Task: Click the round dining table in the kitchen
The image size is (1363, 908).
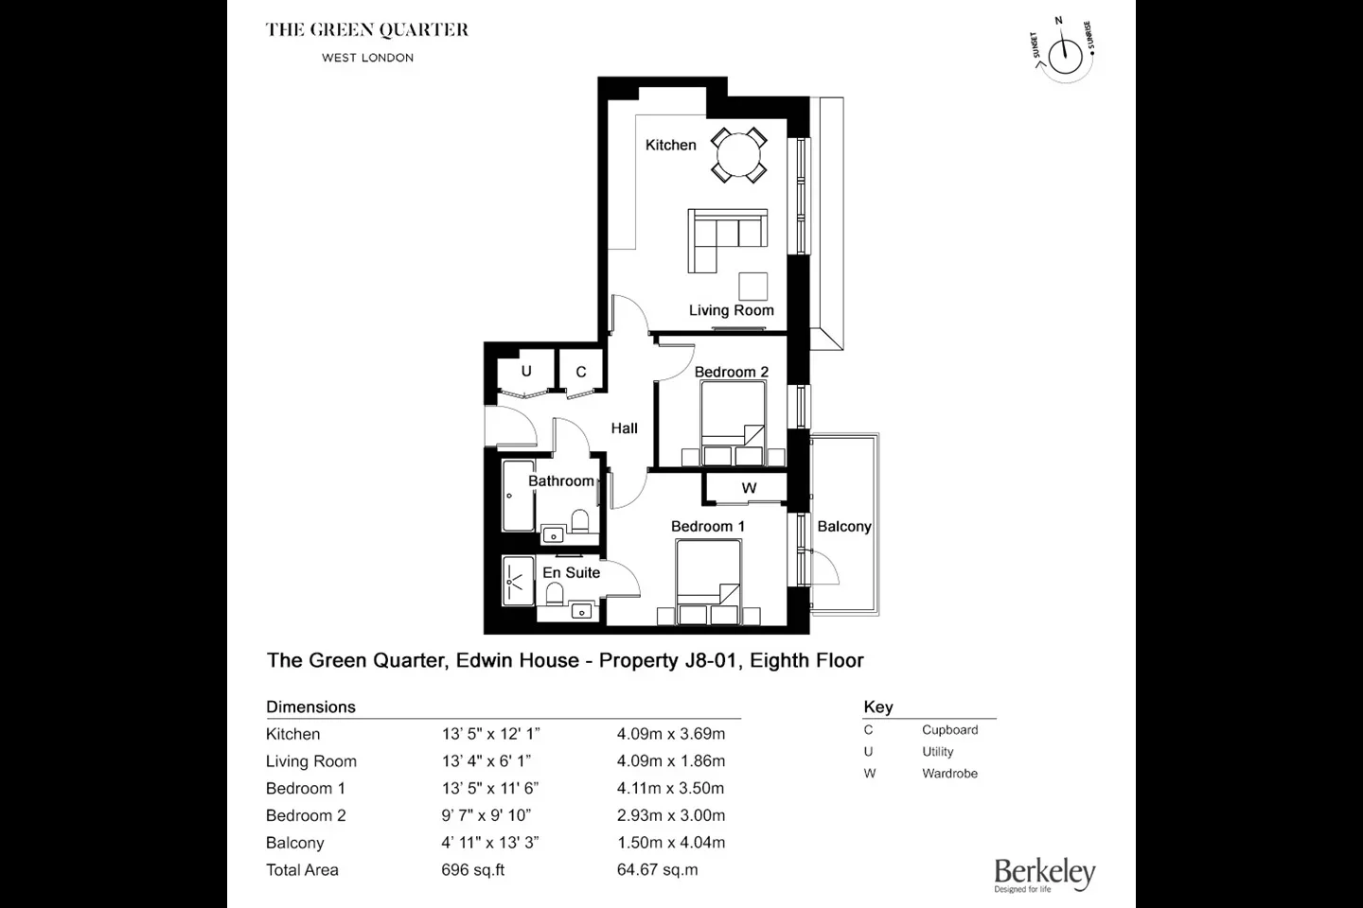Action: [x=738, y=155]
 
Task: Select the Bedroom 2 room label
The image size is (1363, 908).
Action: [x=732, y=372]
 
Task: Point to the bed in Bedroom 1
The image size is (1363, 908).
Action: [x=708, y=582]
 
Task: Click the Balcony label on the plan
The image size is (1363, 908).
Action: [x=844, y=527]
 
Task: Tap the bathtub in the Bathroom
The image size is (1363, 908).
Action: [x=518, y=496]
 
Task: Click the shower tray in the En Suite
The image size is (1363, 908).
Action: [x=518, y=581]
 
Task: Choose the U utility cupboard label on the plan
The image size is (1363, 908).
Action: [x=526, y=371]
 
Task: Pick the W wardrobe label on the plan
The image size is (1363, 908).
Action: [x=749, y=488]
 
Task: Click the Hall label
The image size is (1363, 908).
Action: [x=625, y=428]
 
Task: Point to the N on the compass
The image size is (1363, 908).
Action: [x=1059, y=21]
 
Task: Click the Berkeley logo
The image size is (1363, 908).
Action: [x=1045, y=875]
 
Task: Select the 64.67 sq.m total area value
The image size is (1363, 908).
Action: [x=657, y=869]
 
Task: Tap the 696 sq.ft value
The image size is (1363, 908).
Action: [x=473, y=869]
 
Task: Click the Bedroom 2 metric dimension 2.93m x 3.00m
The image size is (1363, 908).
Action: [x=670, y=815]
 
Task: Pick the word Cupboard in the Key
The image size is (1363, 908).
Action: [x=950, y=730]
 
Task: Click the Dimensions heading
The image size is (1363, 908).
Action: [x=310, y=707]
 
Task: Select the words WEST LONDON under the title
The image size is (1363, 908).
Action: [x=367, y=58]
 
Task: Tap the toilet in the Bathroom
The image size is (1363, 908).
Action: [x=580, y=520]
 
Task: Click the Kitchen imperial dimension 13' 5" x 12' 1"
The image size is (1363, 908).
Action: [x=491, y=734]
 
